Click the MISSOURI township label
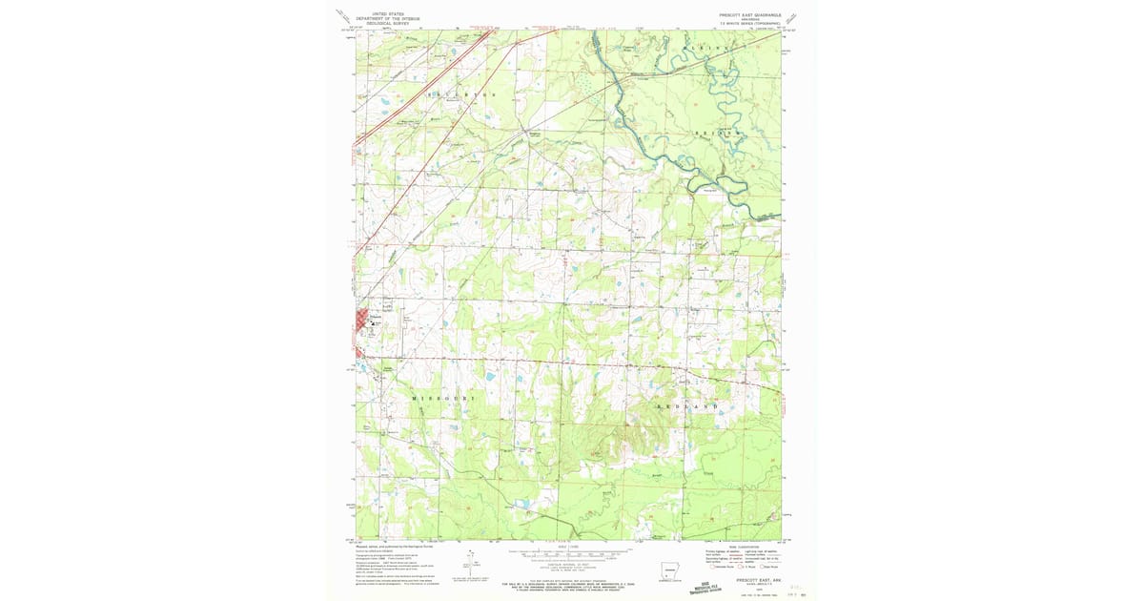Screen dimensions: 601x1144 [x=443, y=396]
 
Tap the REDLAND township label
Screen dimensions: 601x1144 [x=687, y=406]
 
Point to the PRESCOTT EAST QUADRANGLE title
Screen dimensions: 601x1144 [x=751, y=15]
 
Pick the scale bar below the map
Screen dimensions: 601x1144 [x=570, y=552]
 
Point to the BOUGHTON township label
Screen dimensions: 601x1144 [x=462, y=95]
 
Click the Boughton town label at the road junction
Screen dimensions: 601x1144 [x=536, y=135]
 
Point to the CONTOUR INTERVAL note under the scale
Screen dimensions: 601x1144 [x=570, y=565]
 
